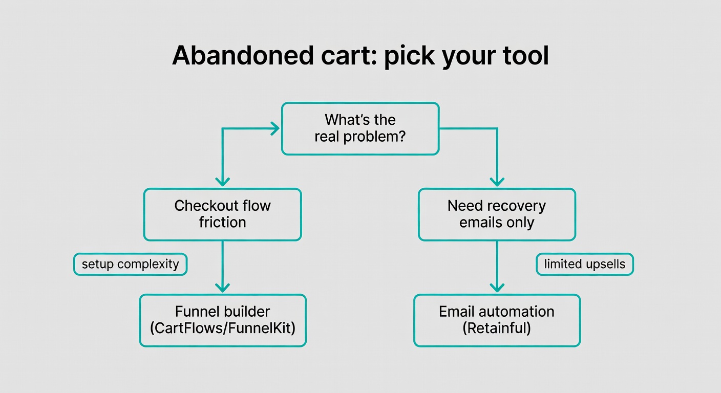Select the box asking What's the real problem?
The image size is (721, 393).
tap(360, 128)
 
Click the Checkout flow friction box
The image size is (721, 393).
tap(222, 214)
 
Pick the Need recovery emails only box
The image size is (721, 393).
tap(497, 214)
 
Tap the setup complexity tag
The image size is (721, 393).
tap(130, 265)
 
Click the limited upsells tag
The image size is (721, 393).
tap(585, 265)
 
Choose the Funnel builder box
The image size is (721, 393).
tap(222, 320)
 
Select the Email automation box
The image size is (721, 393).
tap(497, 320)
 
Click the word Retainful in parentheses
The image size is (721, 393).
tap(497, 329)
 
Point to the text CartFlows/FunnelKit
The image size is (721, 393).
tap(222, 329)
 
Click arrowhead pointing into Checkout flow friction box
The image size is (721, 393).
tap(222, 181)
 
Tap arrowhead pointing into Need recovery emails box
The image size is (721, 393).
tap(497, 181)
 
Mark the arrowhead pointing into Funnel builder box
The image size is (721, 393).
tap(222, 287)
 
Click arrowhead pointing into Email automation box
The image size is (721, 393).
tap(497, 287)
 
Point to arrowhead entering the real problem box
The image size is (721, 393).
tap(274, 128)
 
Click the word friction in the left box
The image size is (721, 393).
tap(222, 223)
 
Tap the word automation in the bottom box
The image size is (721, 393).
tap(518, 312)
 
